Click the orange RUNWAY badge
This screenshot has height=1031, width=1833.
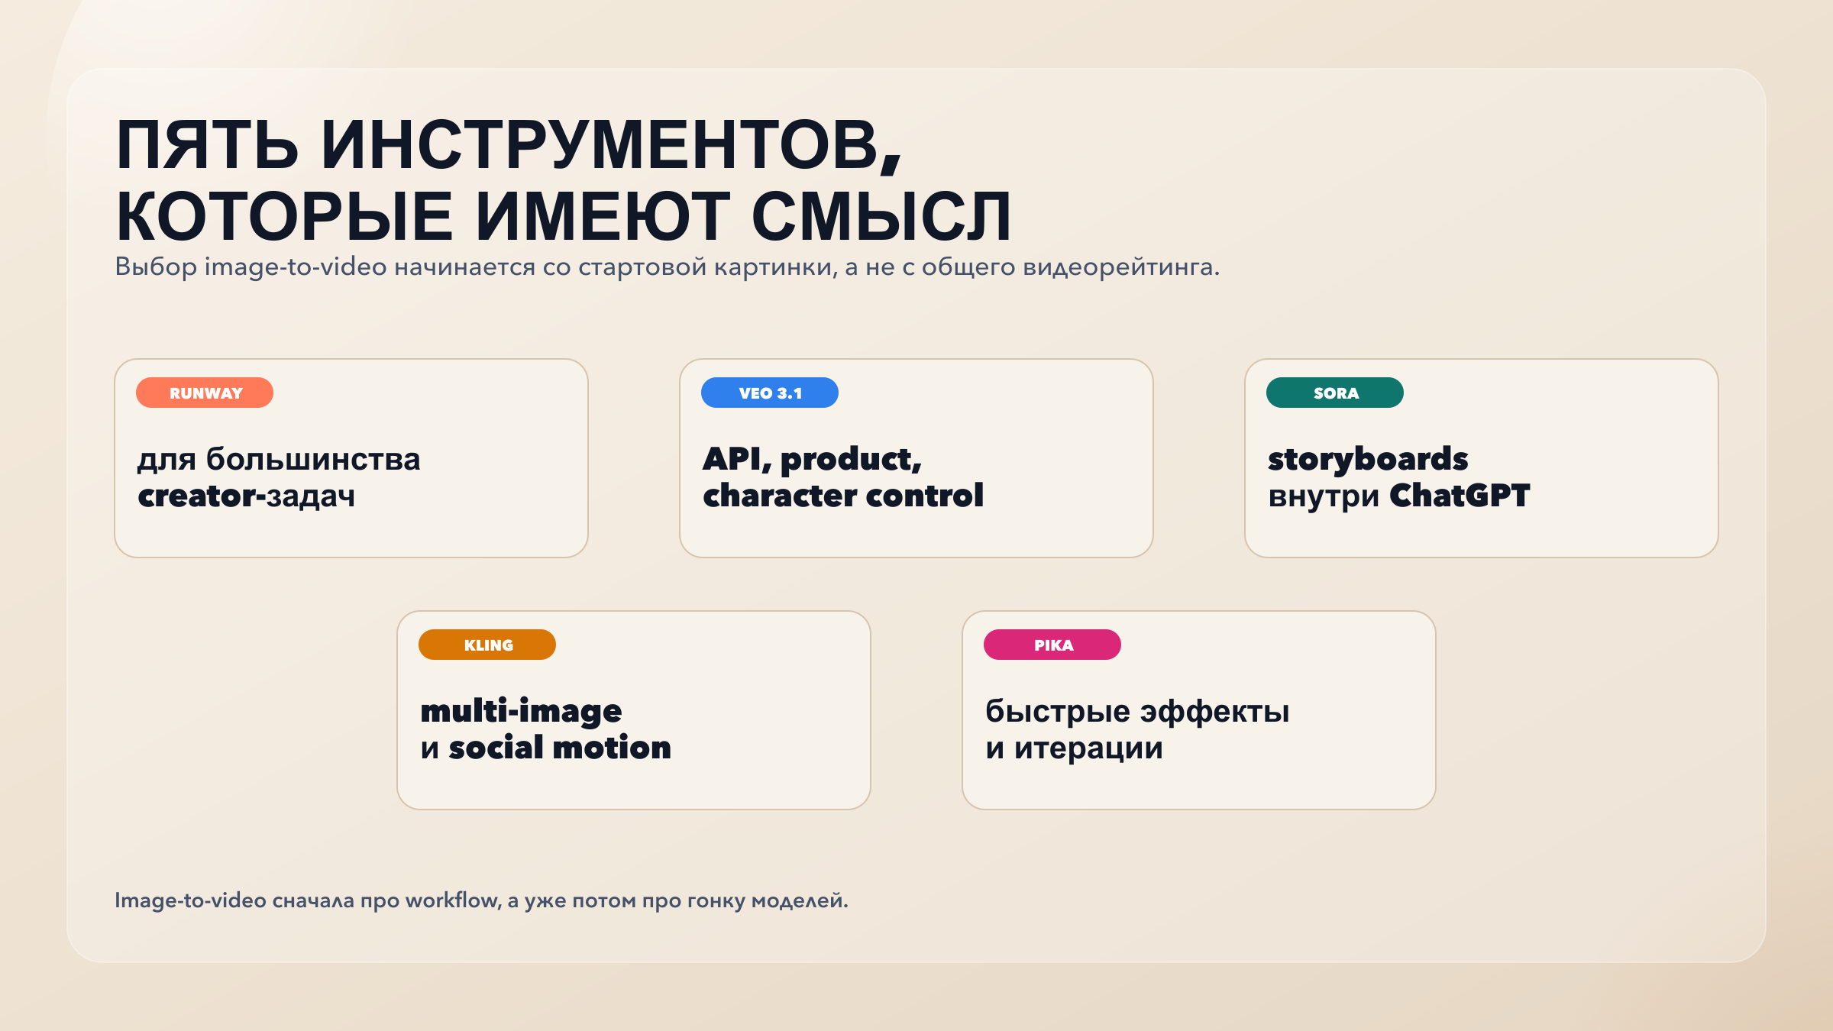click(x=205, y=393)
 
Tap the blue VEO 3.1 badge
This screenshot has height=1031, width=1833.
click(x=770, y=393)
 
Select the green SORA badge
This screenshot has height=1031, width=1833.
click(x=1335, y=393)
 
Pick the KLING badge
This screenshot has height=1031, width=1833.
click(x=487, y=645)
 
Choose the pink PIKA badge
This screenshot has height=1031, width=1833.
click(x=1052, y=645)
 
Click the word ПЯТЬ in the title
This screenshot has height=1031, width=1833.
click(x=207, y=145)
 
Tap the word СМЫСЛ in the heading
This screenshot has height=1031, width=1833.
click(x=881, y=217)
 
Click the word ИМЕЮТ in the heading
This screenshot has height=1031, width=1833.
click(x=603, y=217)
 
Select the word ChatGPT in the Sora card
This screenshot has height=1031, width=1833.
click(x=1460, y=496)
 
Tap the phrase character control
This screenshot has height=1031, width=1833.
click(x=843, y=496)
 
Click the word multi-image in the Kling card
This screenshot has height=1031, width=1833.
click(x=521, y=712)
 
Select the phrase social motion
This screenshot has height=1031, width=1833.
click(x=560, y=748)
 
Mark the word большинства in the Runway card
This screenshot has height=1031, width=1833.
click(x=313, y=459)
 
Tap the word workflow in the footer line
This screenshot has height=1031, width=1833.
click(x=453, y=900)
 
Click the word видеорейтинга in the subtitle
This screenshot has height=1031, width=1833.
click(x=1121, y=267)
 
